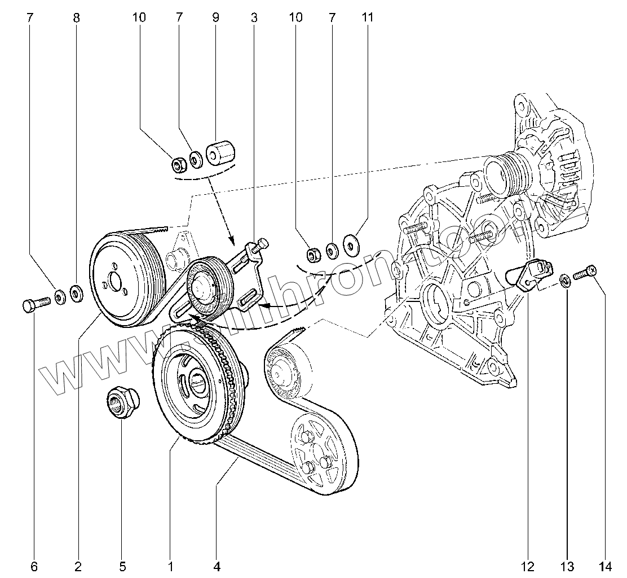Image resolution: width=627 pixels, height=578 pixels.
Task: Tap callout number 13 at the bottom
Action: click(567, 566)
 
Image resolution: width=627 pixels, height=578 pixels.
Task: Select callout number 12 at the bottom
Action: click(528, 566)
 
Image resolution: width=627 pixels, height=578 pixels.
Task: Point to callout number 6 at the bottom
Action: click(33, 566)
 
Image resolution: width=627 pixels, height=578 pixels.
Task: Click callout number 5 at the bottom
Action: click(122, 566)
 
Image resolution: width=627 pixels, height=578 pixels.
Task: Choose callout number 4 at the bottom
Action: click(217, 566)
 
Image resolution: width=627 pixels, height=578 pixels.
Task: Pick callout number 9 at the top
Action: click(215, 17)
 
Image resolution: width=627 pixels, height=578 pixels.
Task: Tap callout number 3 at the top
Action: click(254, 17)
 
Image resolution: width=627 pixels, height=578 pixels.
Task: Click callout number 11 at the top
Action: click(367, 17)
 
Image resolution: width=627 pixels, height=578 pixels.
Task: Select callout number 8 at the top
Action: click(76, 17)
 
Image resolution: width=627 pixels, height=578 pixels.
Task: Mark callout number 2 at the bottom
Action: click(78, 566)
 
